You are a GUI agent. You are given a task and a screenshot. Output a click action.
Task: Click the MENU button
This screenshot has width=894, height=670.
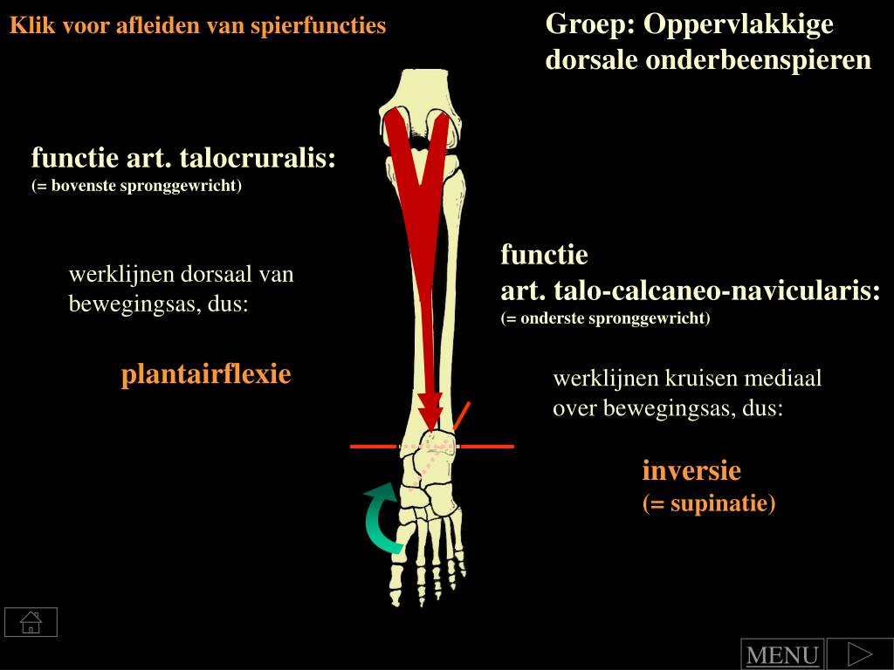pyautogui.click(x=781, y=655)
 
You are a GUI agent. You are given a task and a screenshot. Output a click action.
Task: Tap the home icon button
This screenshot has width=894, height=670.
pyautogui.click(x=31, y=622)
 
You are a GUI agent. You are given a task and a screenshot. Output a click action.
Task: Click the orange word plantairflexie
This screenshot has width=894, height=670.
pyautogui.click(x=205, y=375)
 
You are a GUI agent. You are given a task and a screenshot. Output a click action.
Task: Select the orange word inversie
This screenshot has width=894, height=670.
pyautogui.click(x=691, y=471)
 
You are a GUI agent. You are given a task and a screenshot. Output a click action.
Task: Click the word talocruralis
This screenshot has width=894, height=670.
pyautogui.click(x=258, y=159)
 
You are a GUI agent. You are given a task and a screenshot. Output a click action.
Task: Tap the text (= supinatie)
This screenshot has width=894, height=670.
pyautogui.click(x=709, y=503)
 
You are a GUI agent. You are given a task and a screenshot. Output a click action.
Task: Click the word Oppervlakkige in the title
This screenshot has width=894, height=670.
pyautogui.click(x=739, y=24)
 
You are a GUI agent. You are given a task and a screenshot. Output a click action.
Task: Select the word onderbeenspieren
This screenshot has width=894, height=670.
pyautogui.click(x=758, y=60)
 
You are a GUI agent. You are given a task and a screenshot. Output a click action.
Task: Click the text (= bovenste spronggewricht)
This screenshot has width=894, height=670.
pyautogui.click(x=136, y=186)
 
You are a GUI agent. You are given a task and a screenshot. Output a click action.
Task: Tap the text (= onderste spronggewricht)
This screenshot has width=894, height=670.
pyautogui.click(x=605, y=318)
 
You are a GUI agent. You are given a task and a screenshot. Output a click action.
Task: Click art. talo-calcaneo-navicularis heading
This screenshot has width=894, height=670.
pyautogui.click(x=690, y=291)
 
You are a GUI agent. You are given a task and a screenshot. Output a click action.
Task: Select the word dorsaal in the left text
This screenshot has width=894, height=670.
pyautogui.click(x=217, y=275)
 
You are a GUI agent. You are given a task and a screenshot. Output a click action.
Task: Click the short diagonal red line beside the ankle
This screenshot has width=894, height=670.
pyautogui.click(x=462, y=417)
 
